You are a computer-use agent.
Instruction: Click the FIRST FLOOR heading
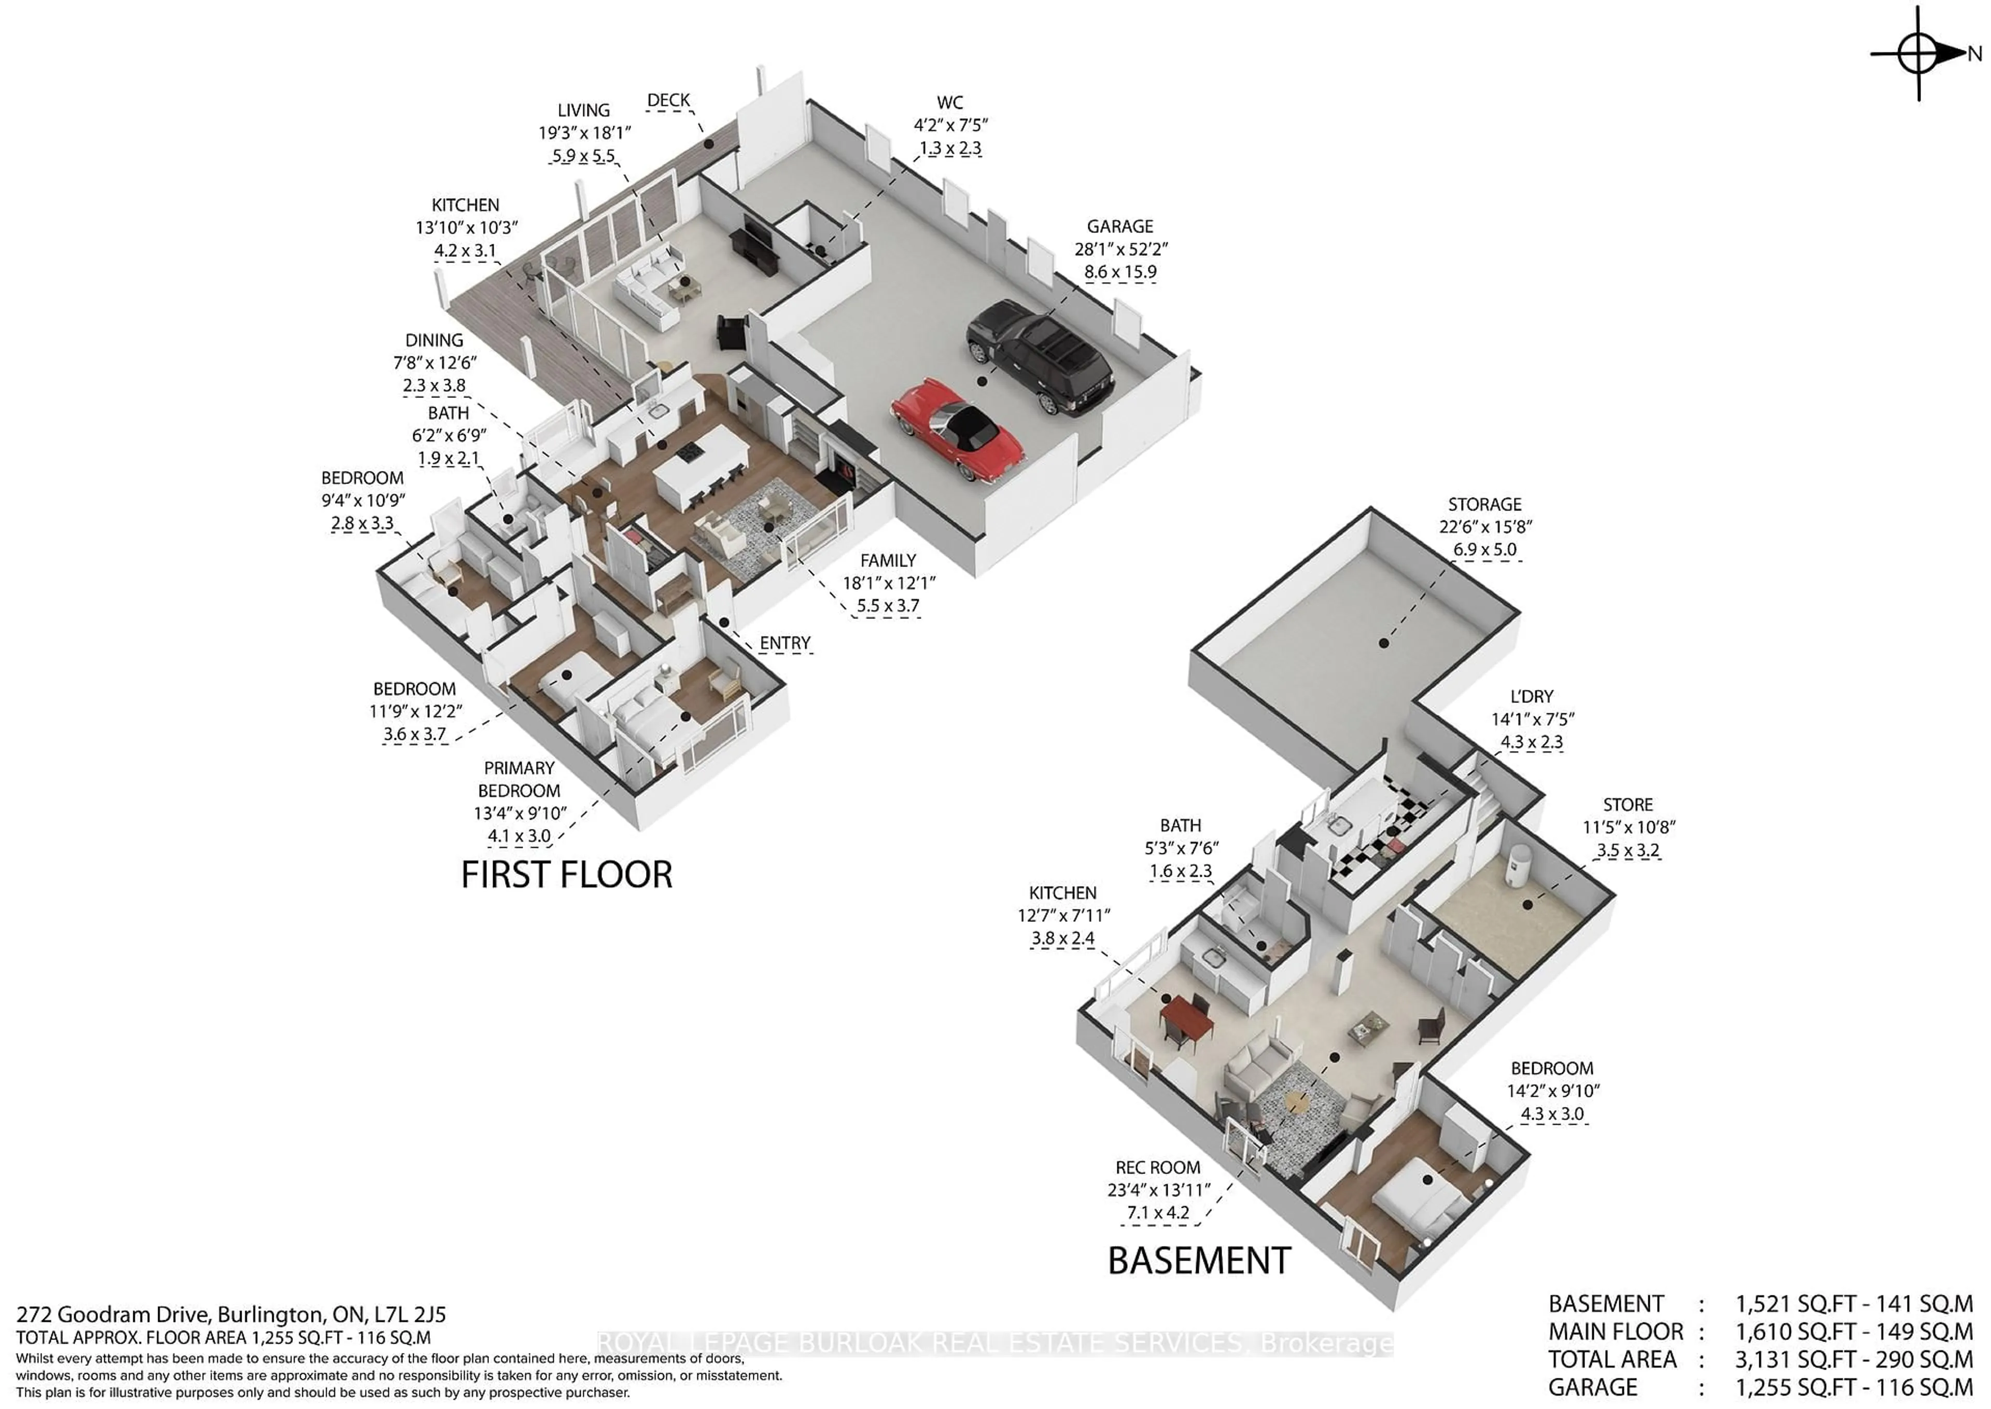coord(566,875)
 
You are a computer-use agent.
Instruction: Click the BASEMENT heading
coord(1199,1261)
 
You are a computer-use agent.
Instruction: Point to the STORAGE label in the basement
coord(1484,504)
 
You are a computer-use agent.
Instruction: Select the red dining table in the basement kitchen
coord(1187,1019)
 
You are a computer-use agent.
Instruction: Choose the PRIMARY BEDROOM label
coord(518,779)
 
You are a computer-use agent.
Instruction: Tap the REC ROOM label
coord(1158,1168)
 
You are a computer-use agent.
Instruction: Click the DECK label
coord(668,101)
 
